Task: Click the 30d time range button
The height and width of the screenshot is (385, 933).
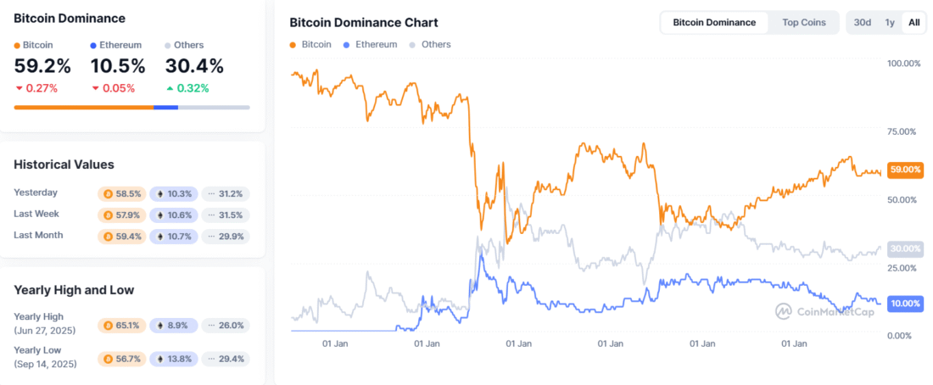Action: pos(863,22)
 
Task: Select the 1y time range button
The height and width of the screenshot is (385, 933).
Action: pos(890,22)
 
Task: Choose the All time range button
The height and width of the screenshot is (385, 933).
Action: pos(913,22)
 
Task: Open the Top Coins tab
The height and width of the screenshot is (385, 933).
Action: pos(803,22)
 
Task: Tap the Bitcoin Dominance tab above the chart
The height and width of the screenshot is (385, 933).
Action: pos(714,22)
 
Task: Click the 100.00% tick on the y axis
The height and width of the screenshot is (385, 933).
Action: pos(903,64)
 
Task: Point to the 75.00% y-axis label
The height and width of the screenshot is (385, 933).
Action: pos(903,131)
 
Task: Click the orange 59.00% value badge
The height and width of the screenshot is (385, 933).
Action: pos(904,170)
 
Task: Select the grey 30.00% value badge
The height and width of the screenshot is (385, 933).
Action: pos(904,248)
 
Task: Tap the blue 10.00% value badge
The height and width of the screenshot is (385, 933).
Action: pos(904,304)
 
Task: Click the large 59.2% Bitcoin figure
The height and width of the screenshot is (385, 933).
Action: pos(42,65)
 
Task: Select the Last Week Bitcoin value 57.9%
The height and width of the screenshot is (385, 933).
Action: pos(122,215)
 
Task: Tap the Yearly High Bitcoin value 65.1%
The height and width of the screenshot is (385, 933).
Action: pos(122,325)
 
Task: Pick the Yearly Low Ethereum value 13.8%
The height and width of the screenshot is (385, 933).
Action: pos(174,359)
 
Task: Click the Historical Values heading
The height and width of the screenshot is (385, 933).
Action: pos(64,165)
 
